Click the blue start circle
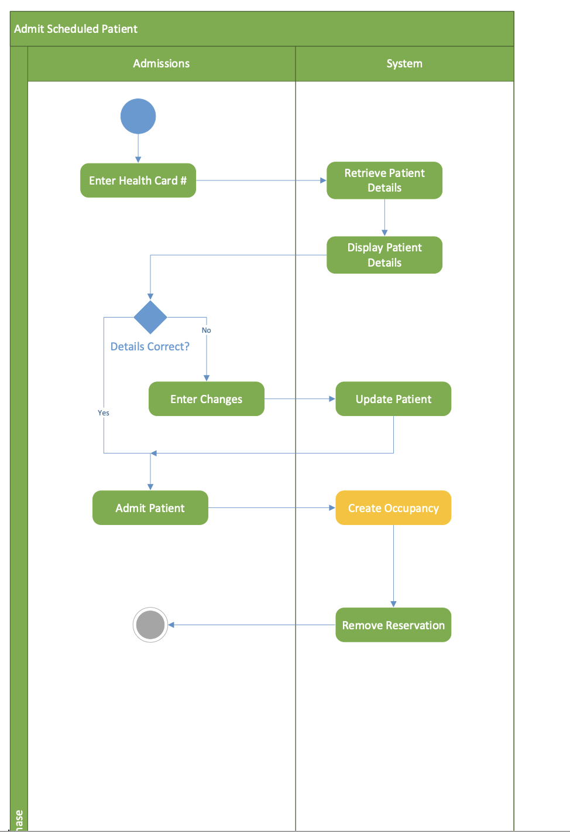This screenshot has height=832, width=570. click(x=138, y=116)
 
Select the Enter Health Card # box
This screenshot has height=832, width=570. click(x=138, y=180)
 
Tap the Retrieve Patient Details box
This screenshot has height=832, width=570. click(x=384, y=180)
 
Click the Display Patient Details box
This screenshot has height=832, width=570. click(x=384, y=255)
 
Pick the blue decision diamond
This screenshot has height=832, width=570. click(x=150, y=318)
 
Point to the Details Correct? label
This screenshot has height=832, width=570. click(x=150, y=346)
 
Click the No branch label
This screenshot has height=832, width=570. click(x=207, y=330)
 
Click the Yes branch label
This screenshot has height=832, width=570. click(x=104, y=413)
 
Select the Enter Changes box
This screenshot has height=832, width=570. click(x=207, y=399)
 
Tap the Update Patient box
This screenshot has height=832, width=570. click(x=393, y=399)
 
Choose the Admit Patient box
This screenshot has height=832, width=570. click(x=150, y=508)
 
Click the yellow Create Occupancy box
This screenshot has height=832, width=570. click(x=393, y=508)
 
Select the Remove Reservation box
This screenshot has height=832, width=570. click(x=393, y=625)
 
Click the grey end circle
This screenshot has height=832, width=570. click(x=150, y=625)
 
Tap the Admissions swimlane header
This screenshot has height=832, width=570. click(x=162, y=63)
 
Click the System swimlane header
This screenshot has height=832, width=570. click(x=404, y=63)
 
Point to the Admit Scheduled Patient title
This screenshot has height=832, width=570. click(x=76, y=29)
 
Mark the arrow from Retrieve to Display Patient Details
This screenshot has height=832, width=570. click(x=384, y=217)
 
